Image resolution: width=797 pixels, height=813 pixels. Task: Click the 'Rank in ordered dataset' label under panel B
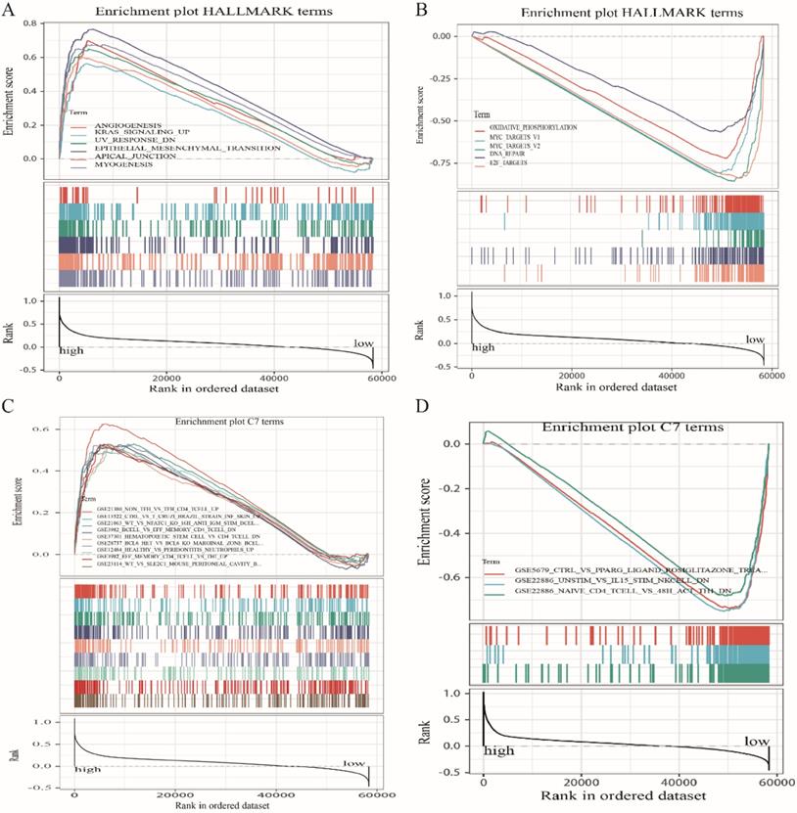[x=618, y=387]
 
